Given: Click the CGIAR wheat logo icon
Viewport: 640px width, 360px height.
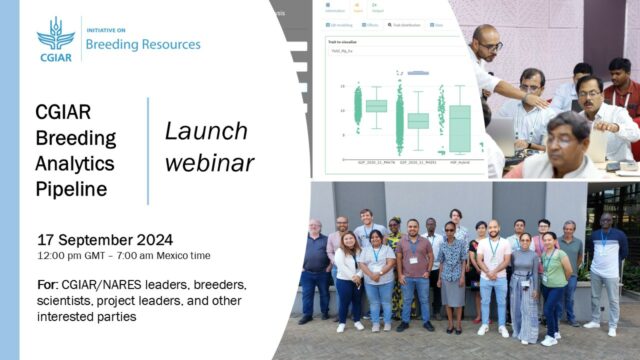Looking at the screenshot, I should click(55, 35).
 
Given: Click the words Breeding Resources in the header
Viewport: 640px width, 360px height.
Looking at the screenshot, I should click(144, 45).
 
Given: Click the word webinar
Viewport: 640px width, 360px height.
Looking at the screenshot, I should click(209, 162).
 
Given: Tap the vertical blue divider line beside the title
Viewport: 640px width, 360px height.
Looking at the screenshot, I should click(148, 150).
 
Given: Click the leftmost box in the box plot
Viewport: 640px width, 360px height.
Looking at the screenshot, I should click(376, 105).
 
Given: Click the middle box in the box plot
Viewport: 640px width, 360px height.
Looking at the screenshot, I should click(418, 120).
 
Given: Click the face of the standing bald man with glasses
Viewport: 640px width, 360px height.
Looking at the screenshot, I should click(486, 40).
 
